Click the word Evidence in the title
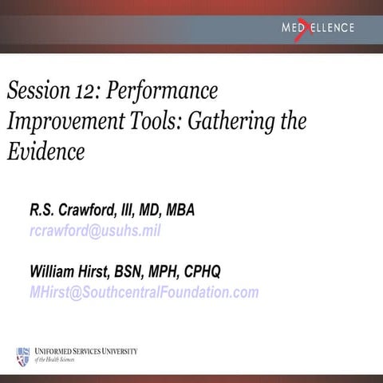tap(45, 151)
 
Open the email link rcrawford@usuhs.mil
tap(95, 231)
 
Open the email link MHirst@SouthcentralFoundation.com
tap(144, 291)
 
